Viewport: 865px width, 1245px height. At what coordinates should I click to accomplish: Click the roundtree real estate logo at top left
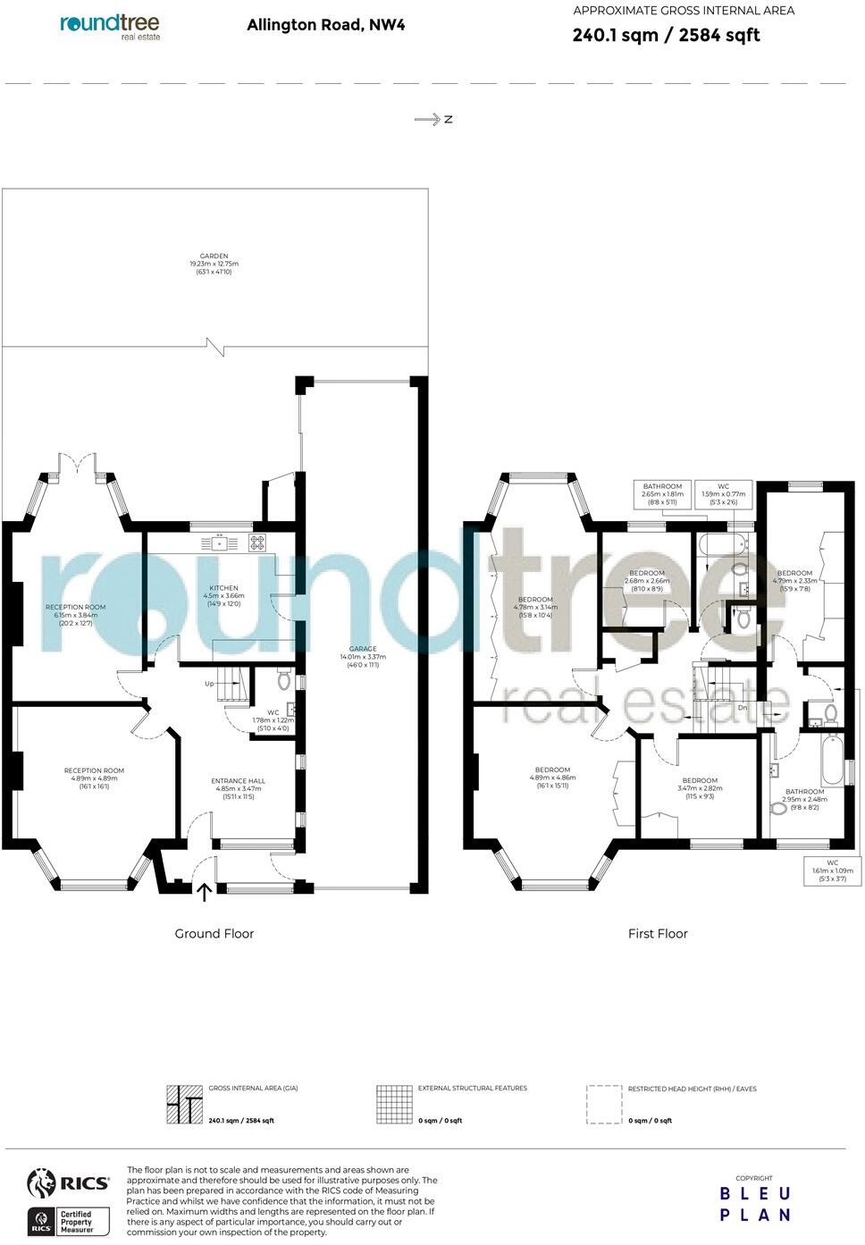[111, 26]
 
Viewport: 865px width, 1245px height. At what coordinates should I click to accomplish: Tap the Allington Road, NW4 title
[325, 25]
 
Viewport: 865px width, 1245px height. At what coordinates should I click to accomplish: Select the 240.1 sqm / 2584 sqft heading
[666, 35]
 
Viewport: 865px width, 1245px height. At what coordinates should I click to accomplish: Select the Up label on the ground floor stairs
[209, 684]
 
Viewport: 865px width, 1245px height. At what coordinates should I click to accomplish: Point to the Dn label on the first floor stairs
[743, 708]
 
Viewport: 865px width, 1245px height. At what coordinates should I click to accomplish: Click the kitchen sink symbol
[218, 542]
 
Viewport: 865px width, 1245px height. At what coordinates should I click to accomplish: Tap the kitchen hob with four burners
[256, 542]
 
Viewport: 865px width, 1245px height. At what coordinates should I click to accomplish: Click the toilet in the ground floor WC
[284, 680]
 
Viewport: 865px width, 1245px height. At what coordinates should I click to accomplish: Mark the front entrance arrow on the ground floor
[204, 891]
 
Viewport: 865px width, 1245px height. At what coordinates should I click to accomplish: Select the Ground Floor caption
[214, 934]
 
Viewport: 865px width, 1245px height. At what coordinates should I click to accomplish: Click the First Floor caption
[658, 934]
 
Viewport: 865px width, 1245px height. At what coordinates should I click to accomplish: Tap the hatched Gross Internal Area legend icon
[184, 1105]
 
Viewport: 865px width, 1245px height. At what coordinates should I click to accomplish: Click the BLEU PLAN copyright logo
[755, 1203]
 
